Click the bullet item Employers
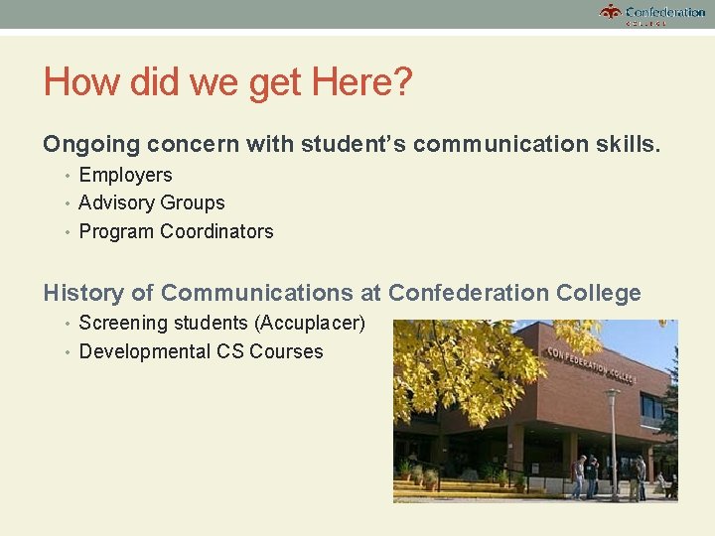coord(125,176)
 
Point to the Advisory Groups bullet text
coord(152,203)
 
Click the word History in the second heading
coord(84,294)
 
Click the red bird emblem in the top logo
coord(610,12)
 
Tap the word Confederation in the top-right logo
coord(665,12)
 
